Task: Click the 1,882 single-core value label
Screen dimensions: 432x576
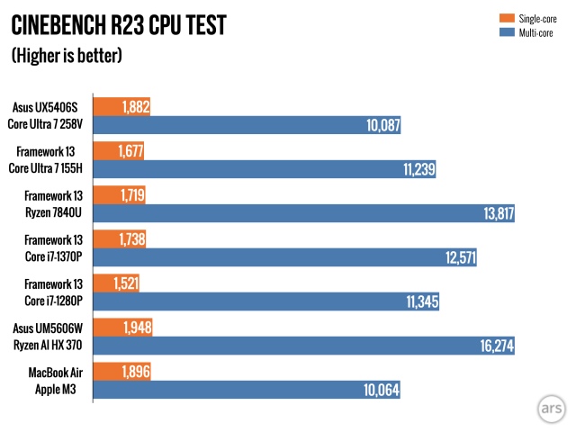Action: click(133, 107)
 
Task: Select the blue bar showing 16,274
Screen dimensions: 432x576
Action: click(306, 346)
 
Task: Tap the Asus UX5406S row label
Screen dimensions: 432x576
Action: click(51, 107)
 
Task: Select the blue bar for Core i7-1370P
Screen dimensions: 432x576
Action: click(284, 257)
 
